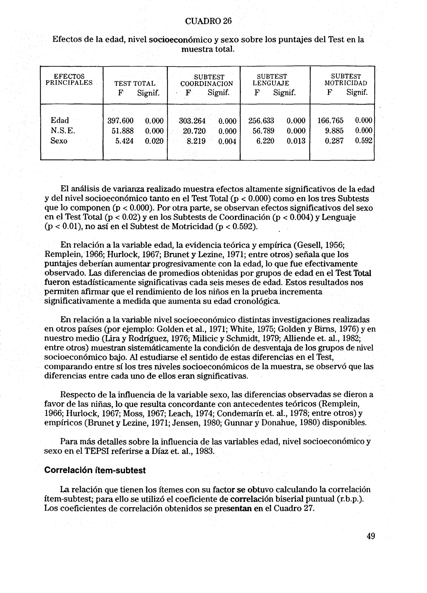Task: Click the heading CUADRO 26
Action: pos(208,21)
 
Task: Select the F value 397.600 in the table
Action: pos(120,121)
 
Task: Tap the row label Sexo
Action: pos(59,141)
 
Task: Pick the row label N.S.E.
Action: pos(63,131)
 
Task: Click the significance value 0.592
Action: pos(363,141)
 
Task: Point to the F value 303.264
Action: pos(192,121)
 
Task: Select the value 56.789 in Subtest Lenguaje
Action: pos(263,131)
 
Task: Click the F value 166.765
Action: pos(330,121)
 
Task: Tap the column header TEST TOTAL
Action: pos(135,84)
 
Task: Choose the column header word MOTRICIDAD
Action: pos(346,83)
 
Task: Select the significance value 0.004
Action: pos(227,141)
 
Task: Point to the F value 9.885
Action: pos(334,131)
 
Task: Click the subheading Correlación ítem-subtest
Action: pos(95,470)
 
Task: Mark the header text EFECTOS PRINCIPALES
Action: pos(69,80)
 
